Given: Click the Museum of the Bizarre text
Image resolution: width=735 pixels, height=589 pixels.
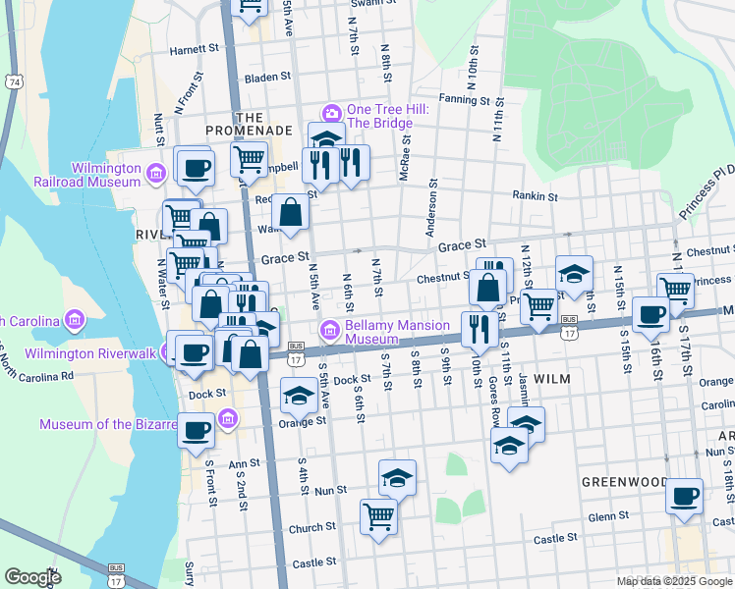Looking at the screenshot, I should point(127,424).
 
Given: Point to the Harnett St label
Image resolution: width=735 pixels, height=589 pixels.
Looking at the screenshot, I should point(193,48).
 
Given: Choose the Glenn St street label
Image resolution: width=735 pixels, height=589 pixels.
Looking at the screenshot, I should point(607,515).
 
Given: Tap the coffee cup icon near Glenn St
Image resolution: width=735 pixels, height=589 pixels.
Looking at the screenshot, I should point(683,496).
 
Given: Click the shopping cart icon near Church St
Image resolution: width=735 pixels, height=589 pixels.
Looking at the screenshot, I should point(378,514).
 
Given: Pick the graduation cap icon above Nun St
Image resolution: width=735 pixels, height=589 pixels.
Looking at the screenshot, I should point(397,478).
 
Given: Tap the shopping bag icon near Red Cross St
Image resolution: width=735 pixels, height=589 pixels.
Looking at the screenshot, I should point(292,212).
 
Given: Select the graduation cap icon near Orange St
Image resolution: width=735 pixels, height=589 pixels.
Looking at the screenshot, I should point(299,397).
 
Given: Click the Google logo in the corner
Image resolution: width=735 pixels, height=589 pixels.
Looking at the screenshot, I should point(32,577).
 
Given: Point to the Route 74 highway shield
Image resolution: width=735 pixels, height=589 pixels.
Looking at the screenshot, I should point(12,81).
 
